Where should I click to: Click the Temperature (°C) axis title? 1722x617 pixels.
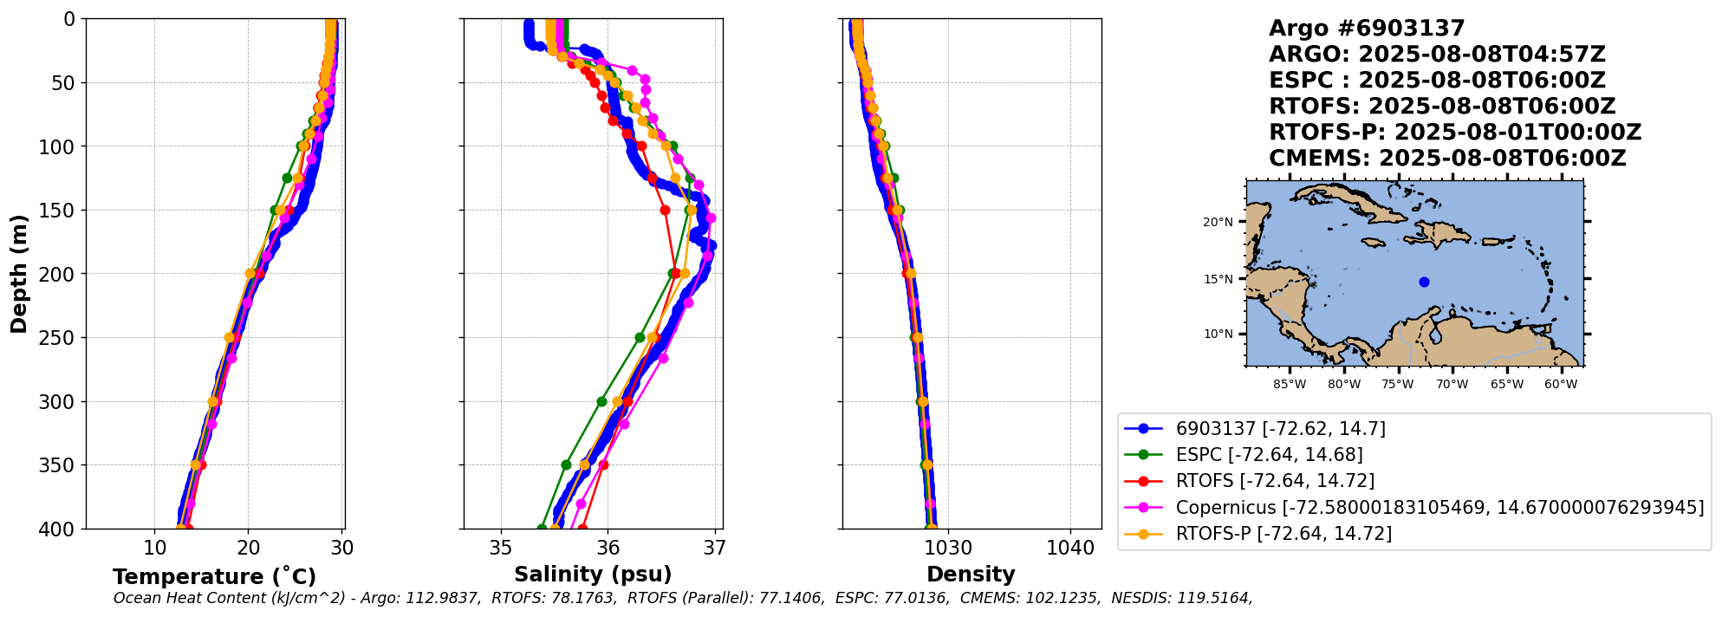(214, 577)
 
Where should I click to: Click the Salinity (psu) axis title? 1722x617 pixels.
(593, 575)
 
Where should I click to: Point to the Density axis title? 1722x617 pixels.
(971, 575)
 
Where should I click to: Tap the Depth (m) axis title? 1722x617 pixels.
(18, 274)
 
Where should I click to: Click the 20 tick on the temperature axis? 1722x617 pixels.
(249, 548)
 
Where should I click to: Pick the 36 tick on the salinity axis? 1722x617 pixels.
(608, 548)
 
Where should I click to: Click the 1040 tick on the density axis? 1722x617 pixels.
(1070, 548)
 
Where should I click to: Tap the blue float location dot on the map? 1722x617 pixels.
(1424, 282)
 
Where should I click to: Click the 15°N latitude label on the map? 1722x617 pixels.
(1218, 279)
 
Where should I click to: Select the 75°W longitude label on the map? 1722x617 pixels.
(1398, 384)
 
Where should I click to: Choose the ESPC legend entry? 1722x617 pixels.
(1269, 455)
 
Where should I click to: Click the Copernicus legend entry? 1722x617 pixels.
(1439, 508)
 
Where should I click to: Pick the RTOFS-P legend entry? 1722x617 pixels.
(1283, 534)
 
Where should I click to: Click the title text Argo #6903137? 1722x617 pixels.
(1367, 29)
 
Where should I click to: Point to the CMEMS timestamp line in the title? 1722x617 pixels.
(1447, 159)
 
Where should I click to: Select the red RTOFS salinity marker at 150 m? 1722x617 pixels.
(665, 210)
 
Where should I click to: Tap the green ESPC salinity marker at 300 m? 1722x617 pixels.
(601, 401)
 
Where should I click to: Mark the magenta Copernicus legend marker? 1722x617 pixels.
(1143, 508)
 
